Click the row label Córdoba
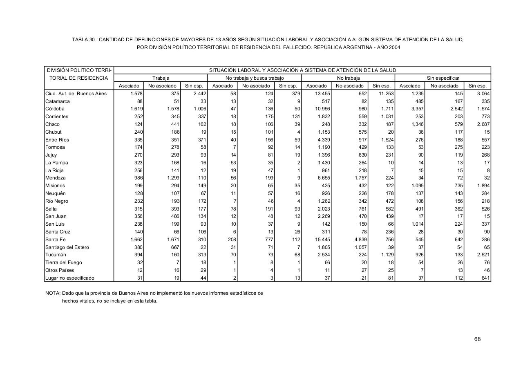(x=55, y=109)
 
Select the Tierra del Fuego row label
(x=63, y=262)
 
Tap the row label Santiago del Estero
(x=67, y=247)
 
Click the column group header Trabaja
(x=161, y=78)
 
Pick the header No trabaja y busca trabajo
(x=254, y=78)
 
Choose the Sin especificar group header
(x=443, y=78)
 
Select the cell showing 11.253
(x=386, y=94)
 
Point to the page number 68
(x=477, y=339)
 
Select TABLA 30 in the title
(x=84, y=40)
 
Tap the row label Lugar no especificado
(x=69, y=278)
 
